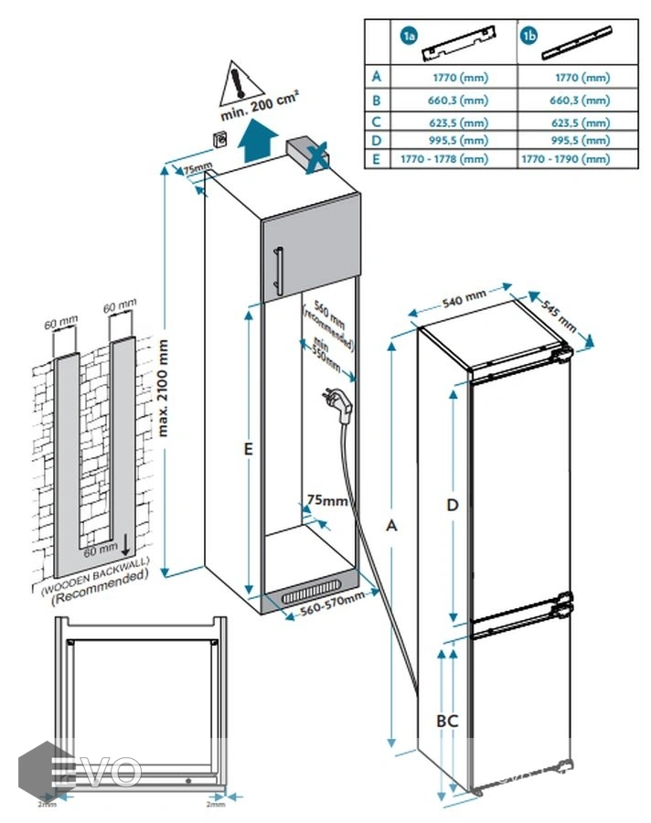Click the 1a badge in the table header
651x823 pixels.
click(x=408, y=37)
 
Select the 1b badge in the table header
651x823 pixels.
click(x=529, y=37)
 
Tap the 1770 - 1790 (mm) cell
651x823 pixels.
click(x=564, y=159)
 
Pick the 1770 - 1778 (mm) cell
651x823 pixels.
click(x=443, y=159)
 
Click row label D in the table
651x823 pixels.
click(x=376, y=140)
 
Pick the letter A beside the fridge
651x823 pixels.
click(x=392, y=526)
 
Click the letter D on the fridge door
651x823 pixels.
click(x=452, y=505)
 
